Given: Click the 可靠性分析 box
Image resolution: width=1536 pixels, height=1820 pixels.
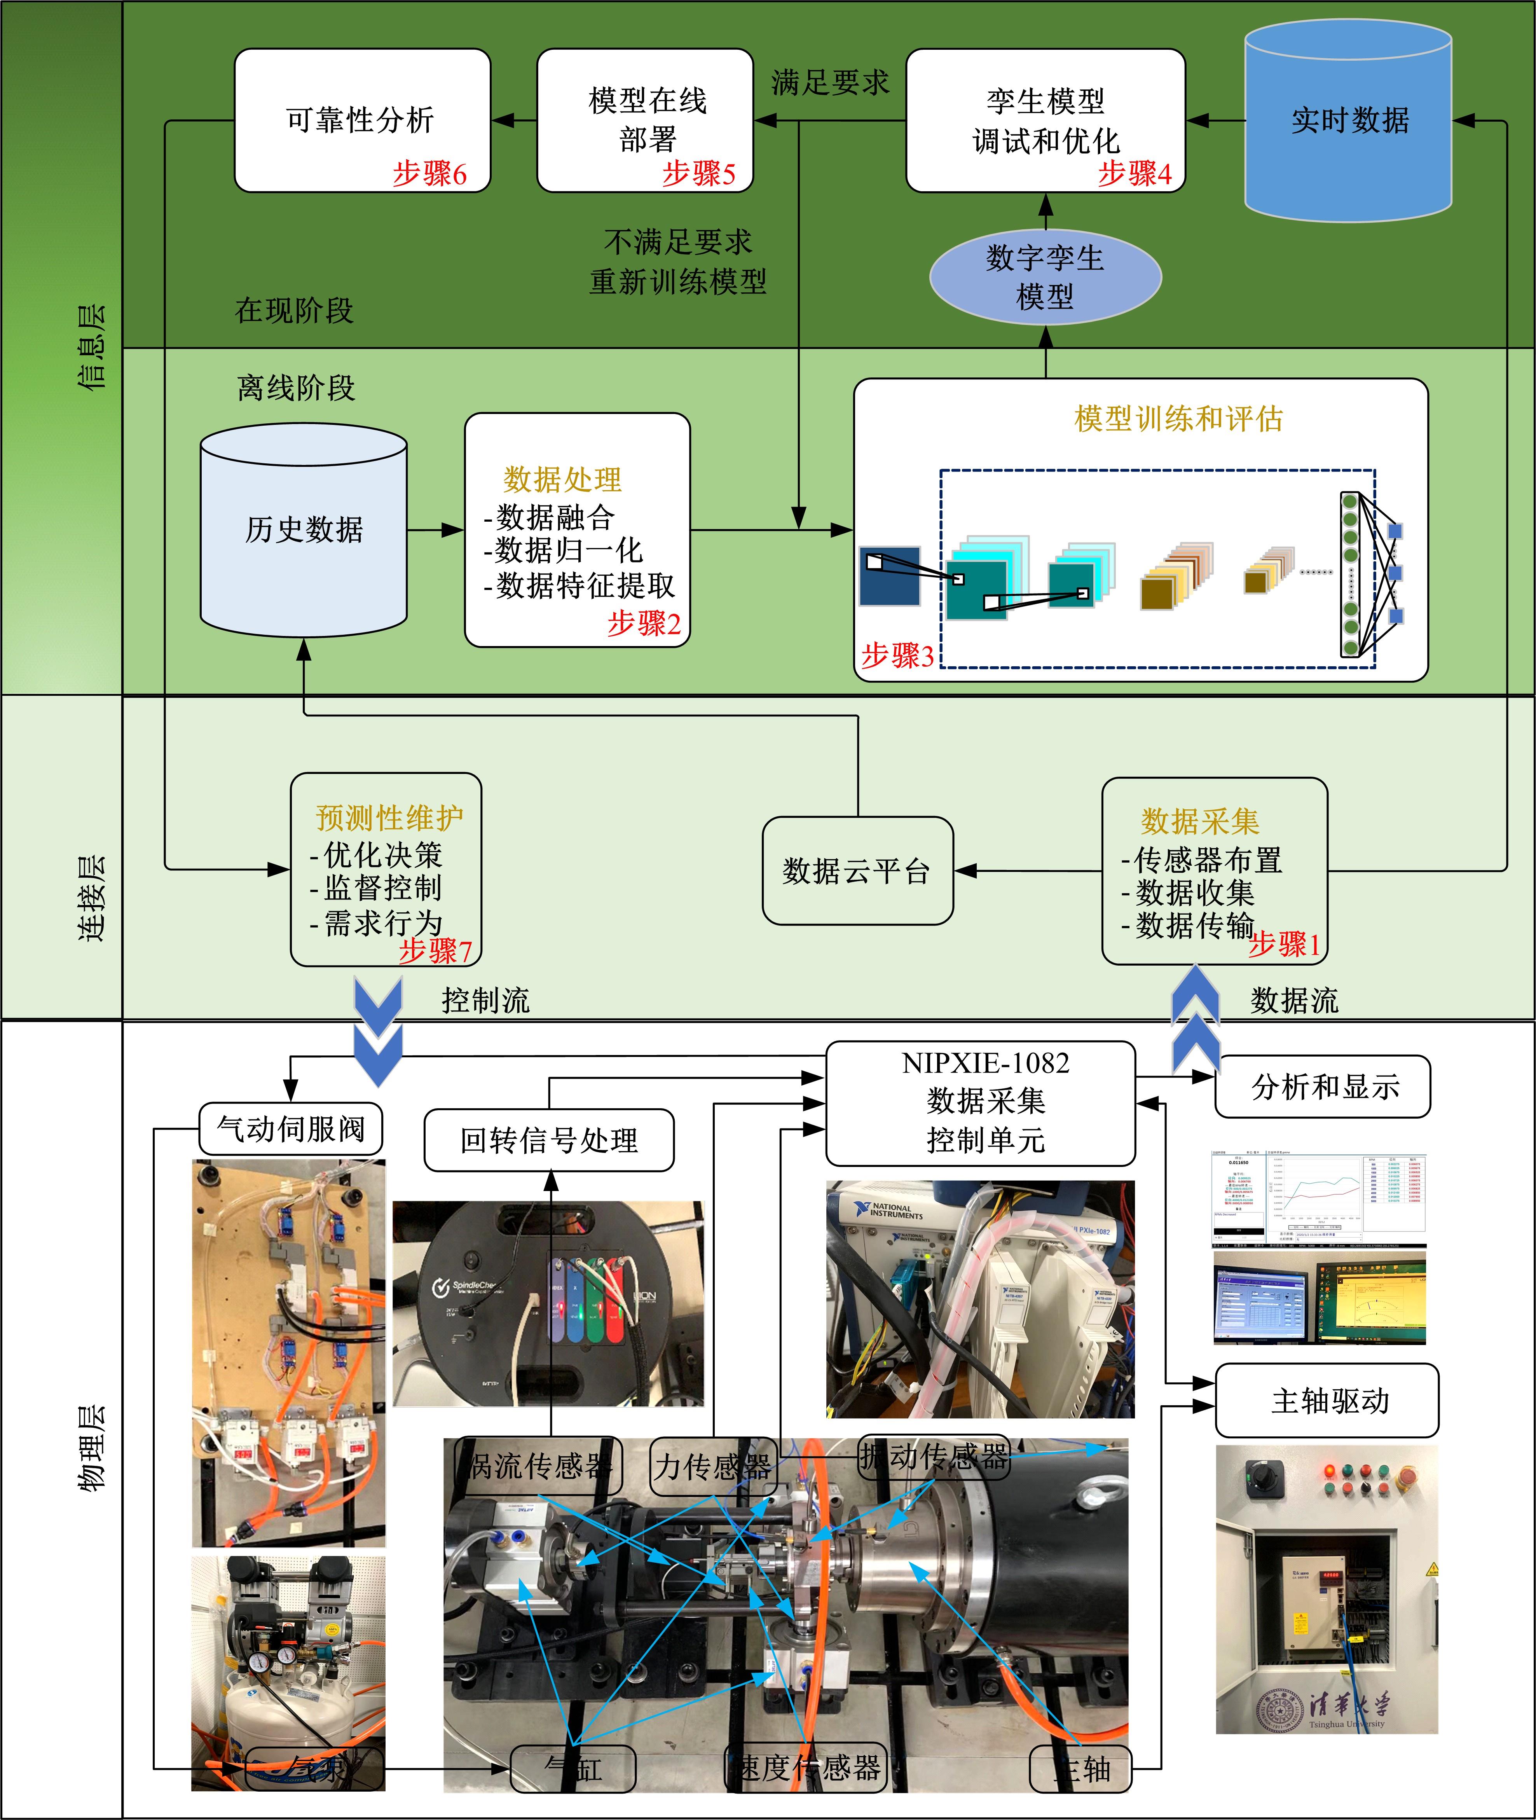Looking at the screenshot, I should [361, 120].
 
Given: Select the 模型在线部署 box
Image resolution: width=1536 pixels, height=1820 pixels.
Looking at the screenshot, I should [644, 120].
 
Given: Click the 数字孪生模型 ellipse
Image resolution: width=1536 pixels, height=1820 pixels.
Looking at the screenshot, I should [1045, 277].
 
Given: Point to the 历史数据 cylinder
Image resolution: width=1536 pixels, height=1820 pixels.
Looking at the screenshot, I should [303, 529].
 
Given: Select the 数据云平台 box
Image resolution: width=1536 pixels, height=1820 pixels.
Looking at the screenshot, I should [857, 871].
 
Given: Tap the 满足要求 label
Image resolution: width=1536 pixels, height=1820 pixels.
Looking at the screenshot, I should [829, 83].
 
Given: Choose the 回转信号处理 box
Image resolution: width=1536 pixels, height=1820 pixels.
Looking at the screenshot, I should [548, 1140].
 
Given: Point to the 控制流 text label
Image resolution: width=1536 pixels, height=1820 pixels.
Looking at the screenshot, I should [485, 1001].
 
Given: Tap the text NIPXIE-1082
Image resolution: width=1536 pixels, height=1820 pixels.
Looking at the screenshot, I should [985, 1063].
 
